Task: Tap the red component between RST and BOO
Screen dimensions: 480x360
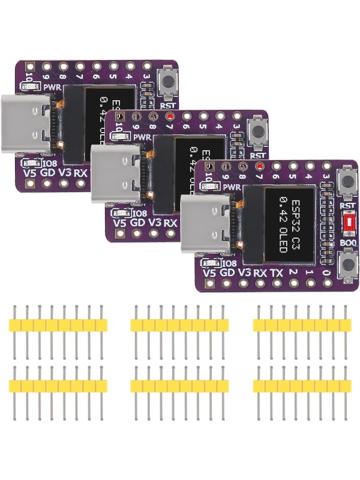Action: tap(347, 224)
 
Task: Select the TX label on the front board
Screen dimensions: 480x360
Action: tap(276, 273)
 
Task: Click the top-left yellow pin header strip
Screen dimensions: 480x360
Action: tap(58, 325)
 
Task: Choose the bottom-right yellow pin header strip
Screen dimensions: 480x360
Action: tap(302, 386)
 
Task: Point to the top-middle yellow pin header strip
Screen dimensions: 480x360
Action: tap(179, 325)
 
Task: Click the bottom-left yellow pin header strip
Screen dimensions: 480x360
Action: tap(58, 386)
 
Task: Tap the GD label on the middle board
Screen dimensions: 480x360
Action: tap(137, 223)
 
